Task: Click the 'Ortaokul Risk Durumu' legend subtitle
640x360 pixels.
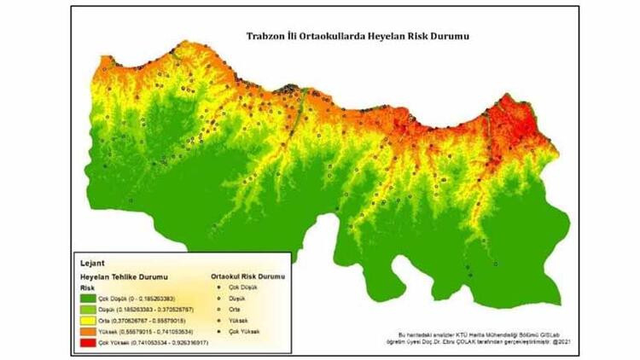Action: point(248,277)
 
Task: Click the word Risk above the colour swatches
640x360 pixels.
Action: point(88,288)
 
